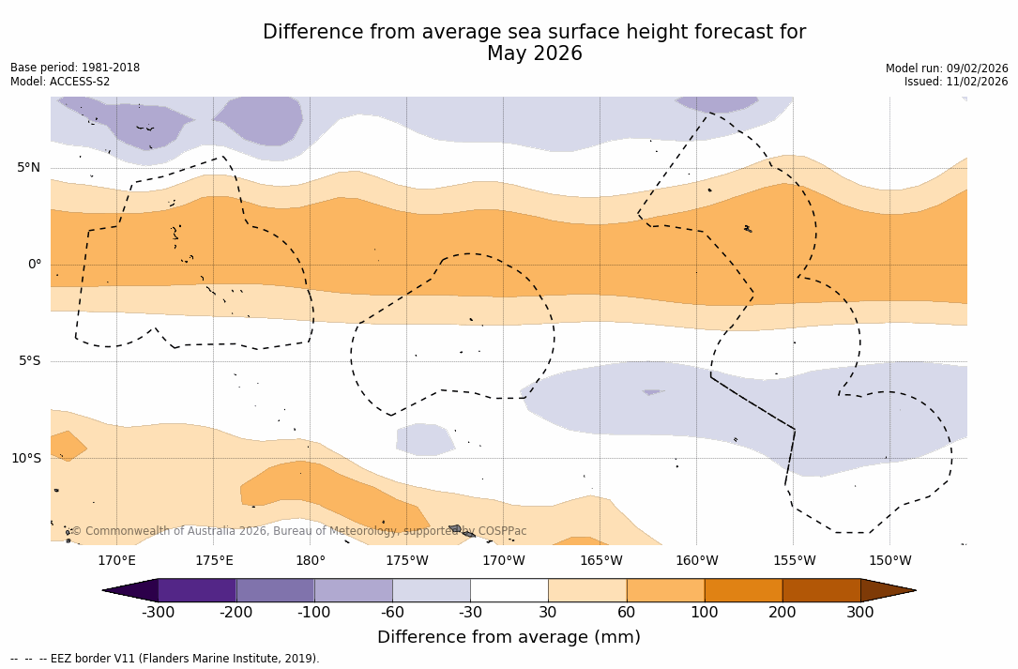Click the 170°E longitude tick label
point(116,561)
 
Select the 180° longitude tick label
point(310,561)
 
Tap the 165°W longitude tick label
point(600,561)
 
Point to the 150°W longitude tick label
point(889,561)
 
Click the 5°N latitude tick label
point(29,168)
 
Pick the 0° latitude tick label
point(35,265)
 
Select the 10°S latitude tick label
point(26,459)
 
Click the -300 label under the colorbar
point(159,613)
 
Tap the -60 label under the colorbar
point(392,613)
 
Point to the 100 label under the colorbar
point(705,613)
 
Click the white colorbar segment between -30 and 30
point(509,590)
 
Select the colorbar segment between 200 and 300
point(821,590)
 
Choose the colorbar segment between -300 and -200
point(197,590)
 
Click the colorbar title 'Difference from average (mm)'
point(509,638)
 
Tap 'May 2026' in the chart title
point(534,54)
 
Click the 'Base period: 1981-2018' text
point(75,68)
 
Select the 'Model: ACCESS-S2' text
point(60,82)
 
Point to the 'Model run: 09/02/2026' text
point(947,68)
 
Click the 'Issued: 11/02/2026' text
point(956,82)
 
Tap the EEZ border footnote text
point(165,659)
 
